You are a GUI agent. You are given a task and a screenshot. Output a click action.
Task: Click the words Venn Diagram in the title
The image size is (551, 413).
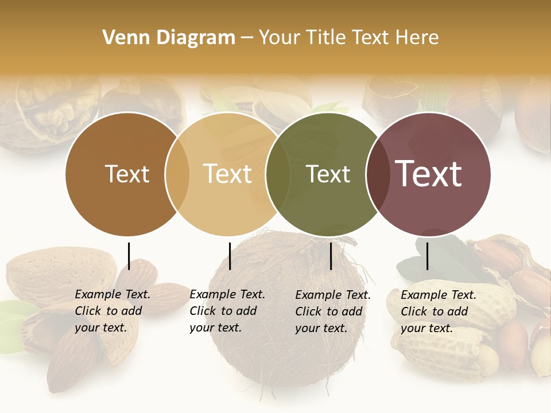pos(169,38)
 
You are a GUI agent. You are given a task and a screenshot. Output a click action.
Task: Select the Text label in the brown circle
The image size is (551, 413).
pos(127,174)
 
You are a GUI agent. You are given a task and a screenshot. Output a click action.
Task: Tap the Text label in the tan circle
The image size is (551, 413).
pos(227,174)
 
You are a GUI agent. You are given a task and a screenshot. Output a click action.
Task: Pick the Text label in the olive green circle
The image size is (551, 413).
pos(328,174)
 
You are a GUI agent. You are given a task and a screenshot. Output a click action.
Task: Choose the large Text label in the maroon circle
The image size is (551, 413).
pos(428,174)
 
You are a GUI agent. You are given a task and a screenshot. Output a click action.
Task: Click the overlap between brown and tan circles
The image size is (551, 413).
pos(177,174)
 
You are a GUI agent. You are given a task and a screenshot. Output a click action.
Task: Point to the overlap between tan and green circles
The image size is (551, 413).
pos(278,174)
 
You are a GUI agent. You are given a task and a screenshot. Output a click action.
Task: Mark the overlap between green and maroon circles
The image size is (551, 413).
pos(378,174)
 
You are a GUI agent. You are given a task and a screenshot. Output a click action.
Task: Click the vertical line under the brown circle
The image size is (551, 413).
pos(129,256)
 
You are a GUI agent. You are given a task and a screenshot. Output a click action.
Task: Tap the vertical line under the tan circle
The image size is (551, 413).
pos(230,256)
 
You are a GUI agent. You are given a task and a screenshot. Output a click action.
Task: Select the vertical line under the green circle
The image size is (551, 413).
pos(331,256)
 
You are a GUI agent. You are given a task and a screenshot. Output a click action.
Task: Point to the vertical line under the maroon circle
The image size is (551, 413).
pos(427,256)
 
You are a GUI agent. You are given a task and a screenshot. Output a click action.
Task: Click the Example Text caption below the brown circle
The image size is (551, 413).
pos(112,311)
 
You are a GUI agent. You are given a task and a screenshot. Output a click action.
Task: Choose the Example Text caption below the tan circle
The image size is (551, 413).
pos(227,311)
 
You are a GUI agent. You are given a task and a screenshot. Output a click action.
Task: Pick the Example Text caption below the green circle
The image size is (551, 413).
pos(332,311)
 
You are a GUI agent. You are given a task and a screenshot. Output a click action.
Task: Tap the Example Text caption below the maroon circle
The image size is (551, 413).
pos(438,311)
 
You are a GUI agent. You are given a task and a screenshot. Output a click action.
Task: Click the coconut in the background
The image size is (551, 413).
pos(270,356)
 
